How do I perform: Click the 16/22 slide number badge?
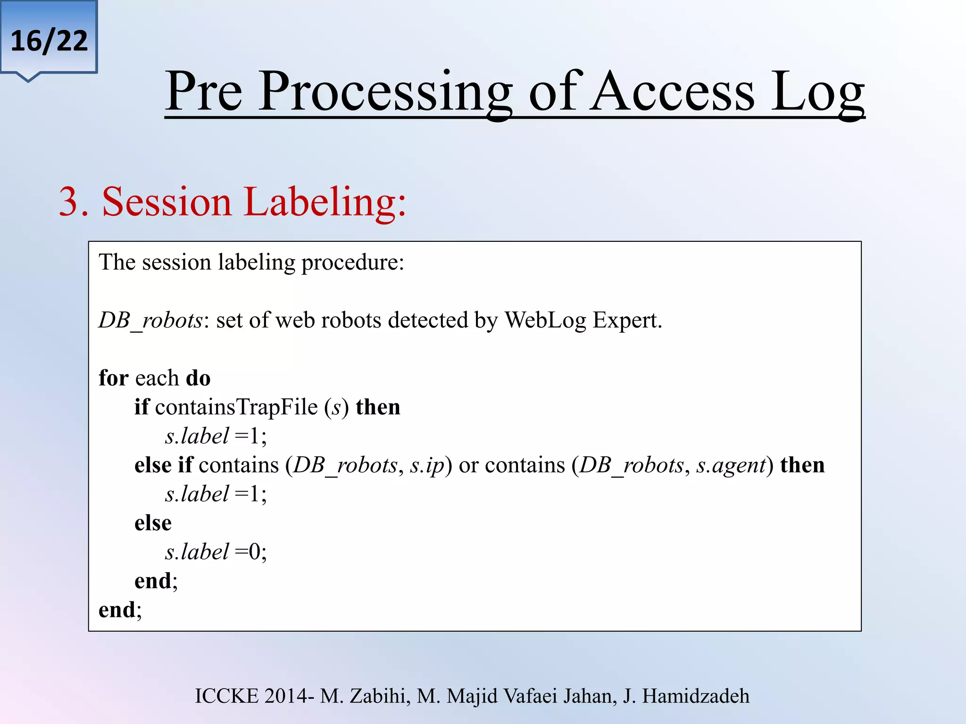49,41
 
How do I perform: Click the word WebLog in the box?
545,321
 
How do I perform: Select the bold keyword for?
113,378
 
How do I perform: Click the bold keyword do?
198,378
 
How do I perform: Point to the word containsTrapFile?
236,407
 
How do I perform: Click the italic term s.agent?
731,466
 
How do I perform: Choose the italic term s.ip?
427,466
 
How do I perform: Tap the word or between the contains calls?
468,466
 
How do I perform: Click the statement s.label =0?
216,552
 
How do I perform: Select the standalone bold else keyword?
153,523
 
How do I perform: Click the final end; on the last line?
120,610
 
